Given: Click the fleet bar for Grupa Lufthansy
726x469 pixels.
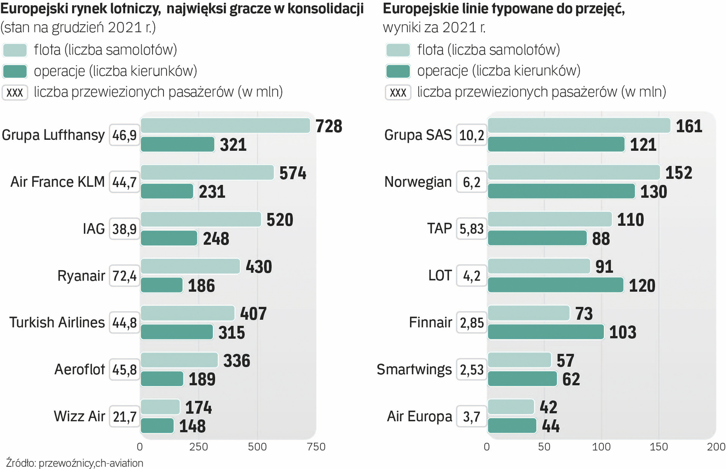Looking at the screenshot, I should point(225,126).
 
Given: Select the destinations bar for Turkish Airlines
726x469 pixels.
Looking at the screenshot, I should point(177,332).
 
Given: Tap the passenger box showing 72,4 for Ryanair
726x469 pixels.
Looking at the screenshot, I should point(124,276).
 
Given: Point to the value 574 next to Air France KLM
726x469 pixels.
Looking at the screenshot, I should point(293,173).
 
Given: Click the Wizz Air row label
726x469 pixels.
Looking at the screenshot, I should point(79,416).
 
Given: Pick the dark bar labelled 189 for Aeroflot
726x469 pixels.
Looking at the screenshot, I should point(162,379).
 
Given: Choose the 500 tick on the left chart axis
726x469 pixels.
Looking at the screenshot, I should point(257,447).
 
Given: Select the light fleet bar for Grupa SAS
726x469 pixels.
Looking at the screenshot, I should point(579,126).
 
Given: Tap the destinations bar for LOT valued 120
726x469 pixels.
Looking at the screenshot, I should point(555,285).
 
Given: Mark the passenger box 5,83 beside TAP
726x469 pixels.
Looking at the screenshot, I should point(471,229).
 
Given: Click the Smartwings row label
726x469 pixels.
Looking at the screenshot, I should point(414,369).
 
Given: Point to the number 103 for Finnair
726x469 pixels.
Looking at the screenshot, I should point(623,332).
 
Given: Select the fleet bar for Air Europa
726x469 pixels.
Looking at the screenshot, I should point(511,407).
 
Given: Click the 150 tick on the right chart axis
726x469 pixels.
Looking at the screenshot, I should point(659,447).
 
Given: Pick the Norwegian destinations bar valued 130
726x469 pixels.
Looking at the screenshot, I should point(561,192).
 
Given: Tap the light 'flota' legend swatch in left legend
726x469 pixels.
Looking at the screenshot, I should point(15,50).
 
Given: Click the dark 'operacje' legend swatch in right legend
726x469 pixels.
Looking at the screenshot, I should point(398,71).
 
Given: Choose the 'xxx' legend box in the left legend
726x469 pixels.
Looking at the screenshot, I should point(15,92).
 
